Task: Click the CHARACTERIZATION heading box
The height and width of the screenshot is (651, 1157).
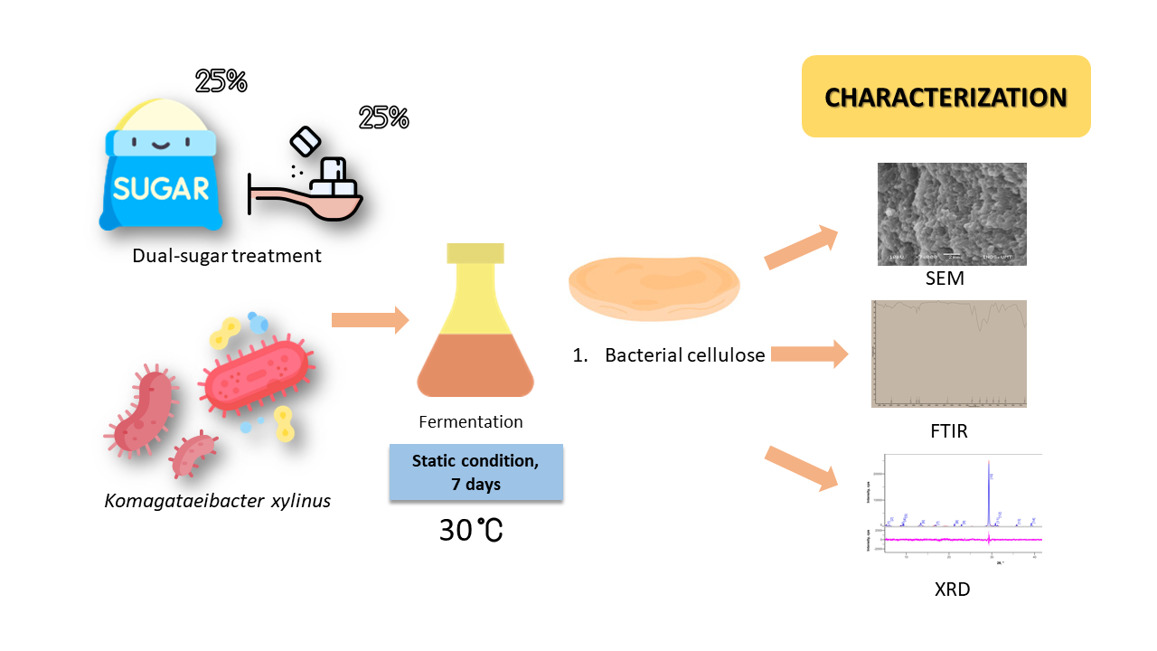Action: click(x=945, y=97)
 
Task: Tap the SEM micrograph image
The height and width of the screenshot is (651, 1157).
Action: click(x=952, y=213)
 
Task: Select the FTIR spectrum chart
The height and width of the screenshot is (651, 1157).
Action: click(x=948, y=354)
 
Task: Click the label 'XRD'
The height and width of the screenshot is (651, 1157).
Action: click(x=953, y=590)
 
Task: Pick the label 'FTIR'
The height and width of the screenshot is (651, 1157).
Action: click(x=948, y=431)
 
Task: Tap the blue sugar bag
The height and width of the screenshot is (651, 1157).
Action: click(x=161, y=172)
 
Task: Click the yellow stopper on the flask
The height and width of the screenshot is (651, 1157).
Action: click(x=470, y=253)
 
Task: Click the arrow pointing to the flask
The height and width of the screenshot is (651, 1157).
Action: click(x=370, y=320)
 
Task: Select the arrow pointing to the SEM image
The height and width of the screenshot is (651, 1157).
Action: click(x=802, y=248)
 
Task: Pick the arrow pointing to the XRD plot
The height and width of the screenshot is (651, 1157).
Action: click(x=801, y=467)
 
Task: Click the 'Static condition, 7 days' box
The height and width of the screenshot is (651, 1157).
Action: click(x=475, y=472)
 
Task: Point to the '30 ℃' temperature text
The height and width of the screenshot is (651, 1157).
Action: click(x=471, y=531)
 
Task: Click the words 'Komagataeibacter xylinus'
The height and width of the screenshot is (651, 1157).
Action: click(x=218, y=499)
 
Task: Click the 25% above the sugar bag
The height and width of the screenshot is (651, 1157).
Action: click(x=221, y=81)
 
